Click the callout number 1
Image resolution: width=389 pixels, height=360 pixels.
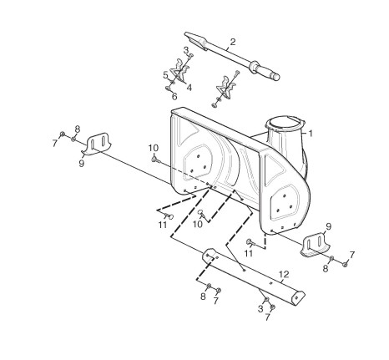pos(311,134)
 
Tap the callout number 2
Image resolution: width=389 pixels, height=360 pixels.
pos(233,42)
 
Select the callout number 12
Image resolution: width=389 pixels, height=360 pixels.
pos(284,275)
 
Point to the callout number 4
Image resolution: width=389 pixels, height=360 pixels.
pos(189,88)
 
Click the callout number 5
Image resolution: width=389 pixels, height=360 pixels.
pos(165,75)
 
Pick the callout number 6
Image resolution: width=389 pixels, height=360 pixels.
pos(174,97)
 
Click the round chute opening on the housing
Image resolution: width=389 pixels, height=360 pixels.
pos(284,124)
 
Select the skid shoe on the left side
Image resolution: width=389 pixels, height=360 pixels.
pos(97,144)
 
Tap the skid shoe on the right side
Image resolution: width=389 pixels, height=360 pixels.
pos(315,246)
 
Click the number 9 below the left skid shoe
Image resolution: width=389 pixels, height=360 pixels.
pos(81,164)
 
